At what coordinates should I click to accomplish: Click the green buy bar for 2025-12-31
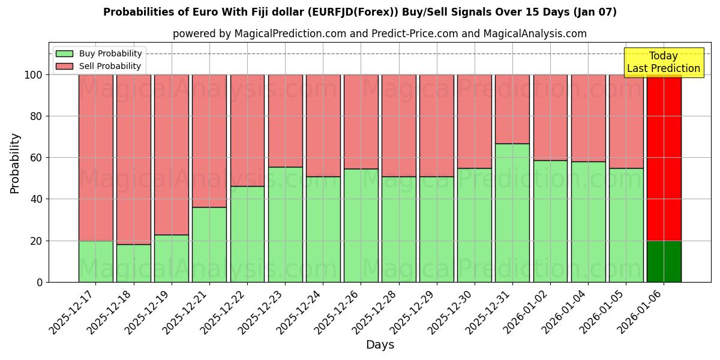coord(512,212)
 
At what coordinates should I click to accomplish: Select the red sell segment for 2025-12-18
coord(134,159)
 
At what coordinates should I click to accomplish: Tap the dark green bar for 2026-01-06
coord(664,262)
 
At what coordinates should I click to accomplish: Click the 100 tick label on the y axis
coord(34,75)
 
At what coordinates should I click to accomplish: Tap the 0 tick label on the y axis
coord(40,282)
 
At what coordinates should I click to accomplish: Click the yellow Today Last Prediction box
coord(664,62)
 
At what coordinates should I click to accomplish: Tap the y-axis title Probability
coord(16,163)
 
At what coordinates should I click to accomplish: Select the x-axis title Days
coord(380,345)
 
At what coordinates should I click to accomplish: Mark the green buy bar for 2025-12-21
coord(209,244)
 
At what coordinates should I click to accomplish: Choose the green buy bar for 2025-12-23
coord(285,224)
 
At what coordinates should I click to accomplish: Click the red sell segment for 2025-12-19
coord(172,154)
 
